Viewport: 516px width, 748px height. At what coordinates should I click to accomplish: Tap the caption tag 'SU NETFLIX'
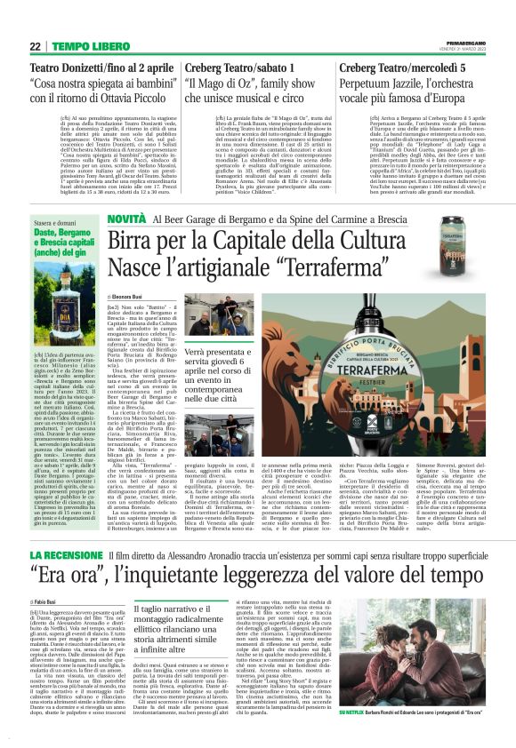point(360,712)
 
